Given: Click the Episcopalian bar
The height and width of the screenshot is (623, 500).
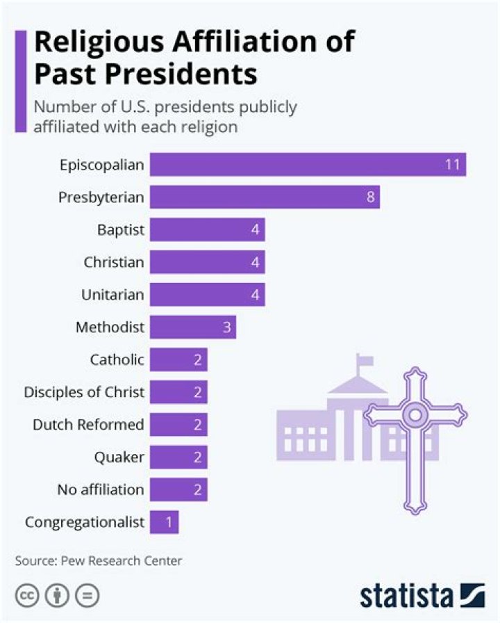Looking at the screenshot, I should coord(308,165).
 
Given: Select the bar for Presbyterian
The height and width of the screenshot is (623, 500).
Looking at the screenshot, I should coord(265,197).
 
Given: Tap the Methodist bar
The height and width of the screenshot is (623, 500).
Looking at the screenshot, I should coord(193,327).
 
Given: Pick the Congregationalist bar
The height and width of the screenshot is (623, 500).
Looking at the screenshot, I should coord(165,521).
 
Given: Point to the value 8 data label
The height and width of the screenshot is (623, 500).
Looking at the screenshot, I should coord(371,197).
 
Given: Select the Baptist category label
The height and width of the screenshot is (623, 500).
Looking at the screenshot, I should coord(120,230).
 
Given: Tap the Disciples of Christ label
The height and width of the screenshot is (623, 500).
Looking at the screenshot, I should coord(84,392).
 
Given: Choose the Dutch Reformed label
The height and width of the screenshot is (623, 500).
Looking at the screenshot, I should coord(88,424).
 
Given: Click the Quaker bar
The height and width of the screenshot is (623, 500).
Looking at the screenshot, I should coord(178,457).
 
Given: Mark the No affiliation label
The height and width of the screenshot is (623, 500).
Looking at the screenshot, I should coord(101,489).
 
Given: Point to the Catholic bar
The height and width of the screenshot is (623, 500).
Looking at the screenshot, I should coord(178,359).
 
